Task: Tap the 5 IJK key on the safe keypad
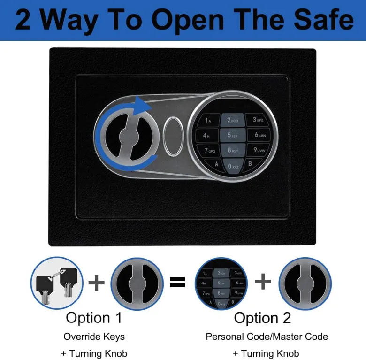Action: pyautogui.click(x=233, y=135)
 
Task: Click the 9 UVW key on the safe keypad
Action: pyautogui.click(x=259, y=150)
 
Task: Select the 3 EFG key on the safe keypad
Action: pyautogui.click(x=258, y=120)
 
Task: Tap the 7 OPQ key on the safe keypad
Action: pyautogui.click(x=209, y=150)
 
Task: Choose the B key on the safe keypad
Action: pyautogui.click(x=251, y=164)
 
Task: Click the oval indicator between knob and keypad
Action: pyautogui.click(x=173, y=136)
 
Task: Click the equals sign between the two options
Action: pyautogui.click(x=177, y=282)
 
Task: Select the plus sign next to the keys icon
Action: pyautogui.click(x=96, y=283)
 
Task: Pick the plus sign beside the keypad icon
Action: pyautogui.click(x=263, y=281)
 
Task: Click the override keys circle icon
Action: pyautogui.click(x=57, y=283)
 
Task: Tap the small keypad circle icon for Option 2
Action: pyautogui.click(x=221, y=283)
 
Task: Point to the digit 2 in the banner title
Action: pyautogui.click(x=23, y=20)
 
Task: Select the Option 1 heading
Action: pyautogui.click(x=94, y=318)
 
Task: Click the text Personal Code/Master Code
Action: pyautogui.click(x=267, y=337)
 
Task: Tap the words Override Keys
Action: pyautogui.click(x=94, y=337)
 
